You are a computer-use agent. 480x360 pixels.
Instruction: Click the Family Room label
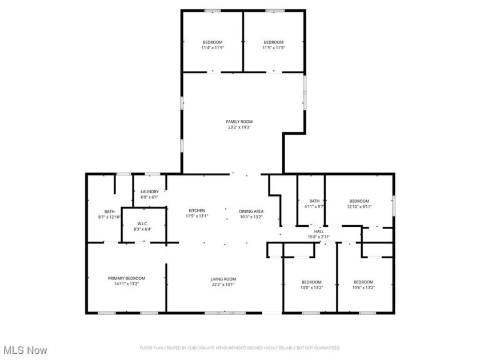pos(239,122)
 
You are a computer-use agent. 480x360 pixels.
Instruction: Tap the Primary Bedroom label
pos(126,278)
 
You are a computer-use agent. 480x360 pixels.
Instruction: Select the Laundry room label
pos(149,192)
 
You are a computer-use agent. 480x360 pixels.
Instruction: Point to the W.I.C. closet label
pos(143,223)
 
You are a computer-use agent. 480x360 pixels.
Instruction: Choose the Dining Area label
pos(250,211)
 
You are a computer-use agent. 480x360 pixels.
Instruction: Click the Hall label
pos(319,231)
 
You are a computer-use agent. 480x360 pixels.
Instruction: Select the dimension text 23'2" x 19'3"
pos(239,127)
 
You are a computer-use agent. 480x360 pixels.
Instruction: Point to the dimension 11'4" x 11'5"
pos(212,48)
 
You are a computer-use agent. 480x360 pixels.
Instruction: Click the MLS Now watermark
pos(25,350)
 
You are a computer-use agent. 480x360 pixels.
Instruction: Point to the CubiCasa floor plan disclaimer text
pos(240,348)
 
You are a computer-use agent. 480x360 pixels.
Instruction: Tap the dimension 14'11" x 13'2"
pos(126,285)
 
